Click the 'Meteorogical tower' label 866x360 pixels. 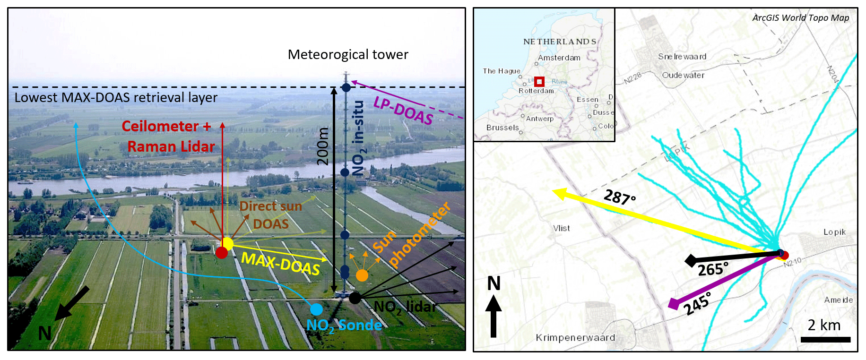tap(348, 55)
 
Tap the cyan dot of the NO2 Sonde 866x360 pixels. tap(316, 309)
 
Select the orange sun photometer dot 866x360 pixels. tap(362, 275)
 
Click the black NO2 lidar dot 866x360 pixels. tap(355, 298)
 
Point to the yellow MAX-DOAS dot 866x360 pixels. tap(227, 244)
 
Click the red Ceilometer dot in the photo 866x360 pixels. tap(221, 253)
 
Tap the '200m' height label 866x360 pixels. tap(323, 146)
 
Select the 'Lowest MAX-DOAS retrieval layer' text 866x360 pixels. tap(116, 98)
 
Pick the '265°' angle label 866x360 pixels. tap(713, 270)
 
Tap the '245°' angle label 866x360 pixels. tap(697, 304)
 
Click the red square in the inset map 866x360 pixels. tap(539, 81)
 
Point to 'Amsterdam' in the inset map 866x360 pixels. tap(559, 58)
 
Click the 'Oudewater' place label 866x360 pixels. tap(683, 75)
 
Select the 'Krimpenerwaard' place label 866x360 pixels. tap(575, 338)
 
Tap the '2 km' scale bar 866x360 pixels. tap(825, 339)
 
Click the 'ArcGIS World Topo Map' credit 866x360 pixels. tap(800, 18)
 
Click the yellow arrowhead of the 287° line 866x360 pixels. tap(559, 193)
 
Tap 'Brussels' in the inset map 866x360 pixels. tap(502, 128)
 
